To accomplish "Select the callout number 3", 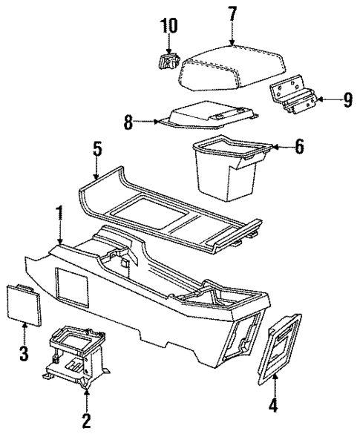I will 24,353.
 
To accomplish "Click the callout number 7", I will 232,13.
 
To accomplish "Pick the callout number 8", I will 128,122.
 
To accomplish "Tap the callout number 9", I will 347,99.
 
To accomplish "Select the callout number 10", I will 169,26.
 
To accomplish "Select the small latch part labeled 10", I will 169,59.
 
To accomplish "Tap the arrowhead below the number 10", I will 169,49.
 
